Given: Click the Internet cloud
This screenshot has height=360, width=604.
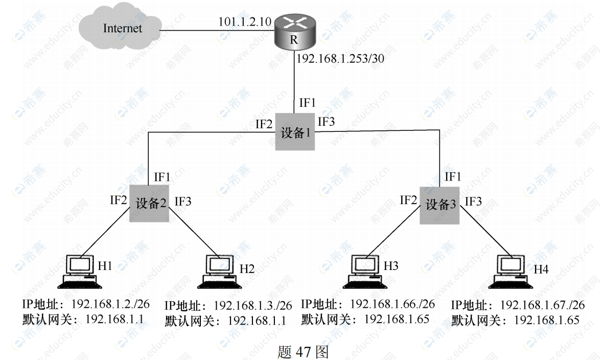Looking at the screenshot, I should coord(122,29).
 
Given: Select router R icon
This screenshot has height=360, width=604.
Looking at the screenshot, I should coord(294,33).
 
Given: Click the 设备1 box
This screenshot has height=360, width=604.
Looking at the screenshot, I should coord(295,132).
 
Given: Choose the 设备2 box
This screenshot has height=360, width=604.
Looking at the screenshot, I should coord(149,203).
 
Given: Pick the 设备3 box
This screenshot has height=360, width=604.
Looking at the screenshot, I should coord(439,205).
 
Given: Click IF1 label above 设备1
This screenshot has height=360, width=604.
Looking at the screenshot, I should coord(307,102).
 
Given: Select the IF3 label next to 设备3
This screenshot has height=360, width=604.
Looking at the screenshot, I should coord(473,201).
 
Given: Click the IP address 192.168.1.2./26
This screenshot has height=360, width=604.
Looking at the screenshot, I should coord(110,304).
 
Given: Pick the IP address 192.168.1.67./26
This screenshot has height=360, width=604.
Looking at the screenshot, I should coord(542,305).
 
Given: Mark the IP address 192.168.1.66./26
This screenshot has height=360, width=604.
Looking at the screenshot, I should coord(392,304).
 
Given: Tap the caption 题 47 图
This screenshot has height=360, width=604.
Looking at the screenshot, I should coord(303,352).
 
